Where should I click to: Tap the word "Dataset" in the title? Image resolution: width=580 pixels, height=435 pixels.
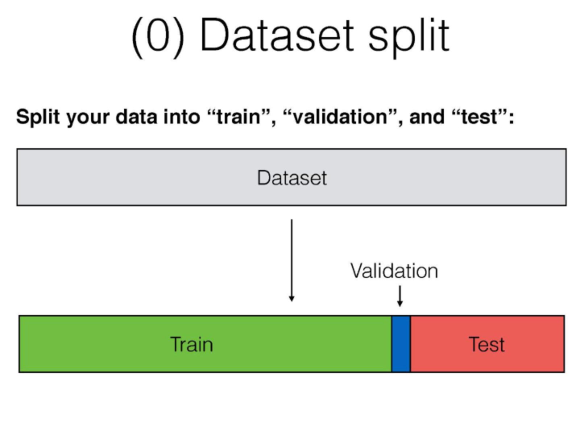click(277, 35)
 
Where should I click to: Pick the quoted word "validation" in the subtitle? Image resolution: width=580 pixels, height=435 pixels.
click(340, 117)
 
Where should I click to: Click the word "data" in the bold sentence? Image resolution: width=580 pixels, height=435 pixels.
click(136, 117)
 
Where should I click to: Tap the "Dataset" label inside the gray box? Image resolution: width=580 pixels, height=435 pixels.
click(292, 178)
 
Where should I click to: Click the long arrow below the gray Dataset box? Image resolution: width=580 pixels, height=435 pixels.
click(291, 260)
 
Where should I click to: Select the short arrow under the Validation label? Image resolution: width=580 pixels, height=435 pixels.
click(400, 296)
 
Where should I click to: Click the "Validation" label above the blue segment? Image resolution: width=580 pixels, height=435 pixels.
click(394, 271)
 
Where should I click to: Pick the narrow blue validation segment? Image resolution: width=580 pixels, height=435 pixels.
click(401, 344)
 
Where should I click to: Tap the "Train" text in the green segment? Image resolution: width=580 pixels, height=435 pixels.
click(191, 344)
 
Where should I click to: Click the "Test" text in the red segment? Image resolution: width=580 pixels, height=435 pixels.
click(487, 344)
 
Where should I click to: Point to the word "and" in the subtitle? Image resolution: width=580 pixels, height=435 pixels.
click(427, 117)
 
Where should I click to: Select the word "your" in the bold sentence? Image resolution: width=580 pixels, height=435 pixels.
click(88, 118)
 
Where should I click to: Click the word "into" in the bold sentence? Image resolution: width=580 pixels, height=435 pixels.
click(182, 117)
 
